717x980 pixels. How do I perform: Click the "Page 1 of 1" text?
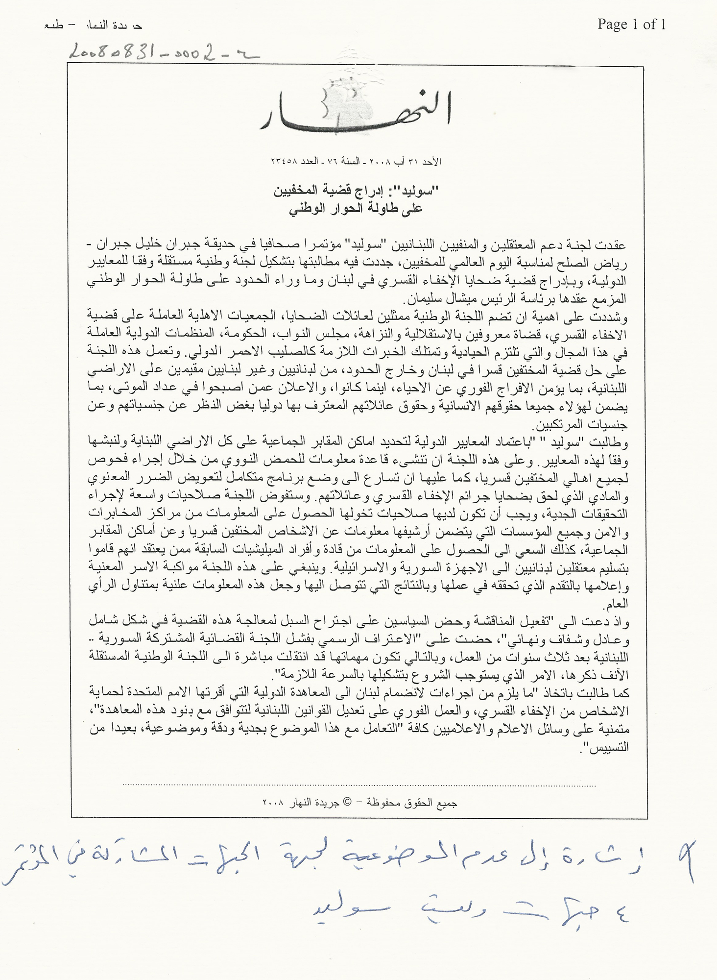coord(631,24)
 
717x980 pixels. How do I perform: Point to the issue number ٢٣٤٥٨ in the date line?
coord(285,161)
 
